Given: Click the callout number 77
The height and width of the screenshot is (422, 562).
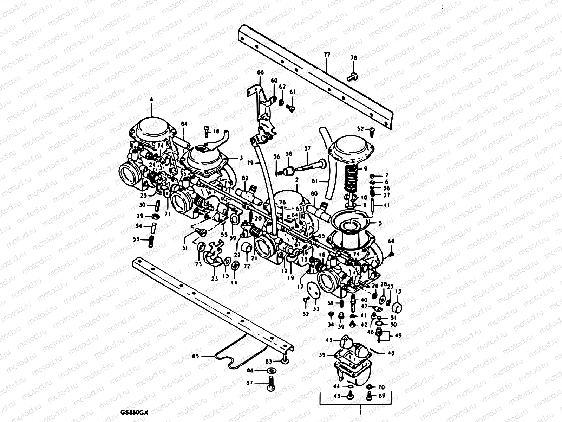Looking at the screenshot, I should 327,55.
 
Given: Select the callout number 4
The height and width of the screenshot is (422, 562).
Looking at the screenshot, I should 151,100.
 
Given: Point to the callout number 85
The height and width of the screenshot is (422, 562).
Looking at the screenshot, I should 196,356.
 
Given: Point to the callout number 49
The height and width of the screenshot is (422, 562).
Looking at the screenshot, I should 398,335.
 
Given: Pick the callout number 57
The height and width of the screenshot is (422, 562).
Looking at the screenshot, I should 308,149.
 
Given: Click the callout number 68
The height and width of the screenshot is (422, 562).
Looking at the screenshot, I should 391,241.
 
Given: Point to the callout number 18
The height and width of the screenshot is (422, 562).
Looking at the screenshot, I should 216,131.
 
